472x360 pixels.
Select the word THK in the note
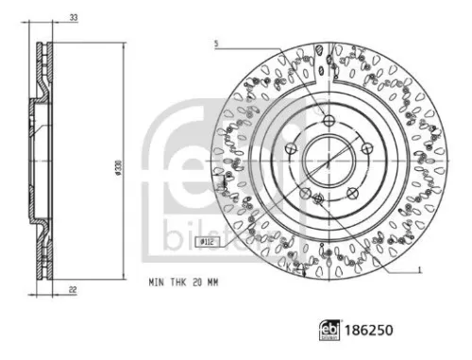[177, 282]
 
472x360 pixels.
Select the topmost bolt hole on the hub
[327, 120]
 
